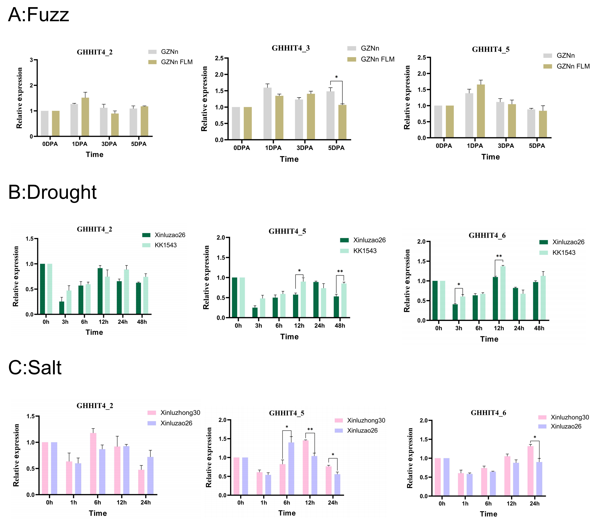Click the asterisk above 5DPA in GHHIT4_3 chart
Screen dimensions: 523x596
click(336, 77)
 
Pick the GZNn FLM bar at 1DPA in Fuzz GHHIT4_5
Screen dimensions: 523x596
click(481, 111)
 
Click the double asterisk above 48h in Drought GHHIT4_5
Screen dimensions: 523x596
click(340, 271)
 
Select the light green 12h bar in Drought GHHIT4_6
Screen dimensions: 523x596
click(503, 293)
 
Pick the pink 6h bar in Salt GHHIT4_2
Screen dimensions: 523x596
click(93, 464)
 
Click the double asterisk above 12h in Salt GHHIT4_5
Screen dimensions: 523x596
click(310, 429)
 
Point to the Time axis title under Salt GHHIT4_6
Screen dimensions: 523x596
click(488, 514)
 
